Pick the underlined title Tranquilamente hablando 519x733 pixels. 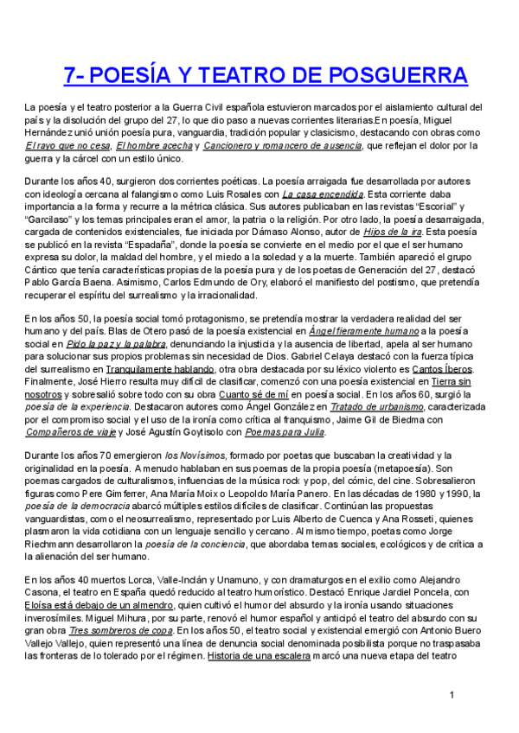(163, 368)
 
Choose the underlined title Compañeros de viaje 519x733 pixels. (70, 430)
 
